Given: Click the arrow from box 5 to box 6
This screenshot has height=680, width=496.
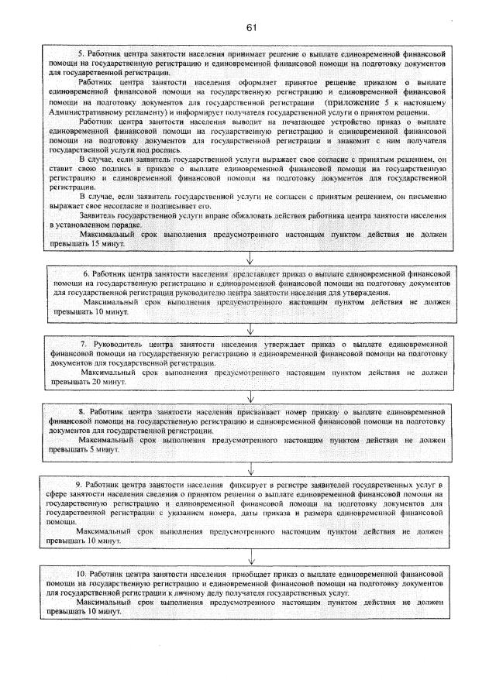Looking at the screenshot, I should coord(250,258).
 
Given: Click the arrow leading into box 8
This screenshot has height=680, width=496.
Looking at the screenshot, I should coord(250,395).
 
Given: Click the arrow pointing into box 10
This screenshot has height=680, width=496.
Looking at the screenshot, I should coord(250,556).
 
